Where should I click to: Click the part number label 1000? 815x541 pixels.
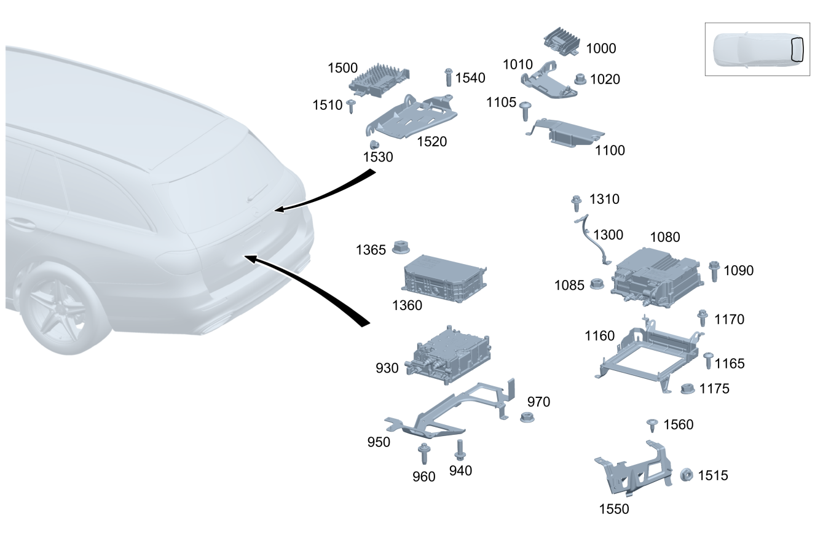(x=601, y=49)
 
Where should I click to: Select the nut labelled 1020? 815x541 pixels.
(x=580, y=79)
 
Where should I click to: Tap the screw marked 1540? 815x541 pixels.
(x=449, y=77)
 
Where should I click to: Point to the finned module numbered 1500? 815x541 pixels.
(x=379, y=80)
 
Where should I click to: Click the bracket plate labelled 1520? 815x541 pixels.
(x=411, y=117)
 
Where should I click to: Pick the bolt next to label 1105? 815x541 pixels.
(x=525, y=111)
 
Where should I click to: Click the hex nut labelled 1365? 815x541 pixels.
(x=401, y=247)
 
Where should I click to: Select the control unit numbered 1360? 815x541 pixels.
(x=444, y=278)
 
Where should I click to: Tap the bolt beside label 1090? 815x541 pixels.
(x=714, y=271)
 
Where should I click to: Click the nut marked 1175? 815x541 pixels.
(x=688, y=389)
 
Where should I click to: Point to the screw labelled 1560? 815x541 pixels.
(x=652, y=425)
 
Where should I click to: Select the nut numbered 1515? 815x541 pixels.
(x=687, y=475)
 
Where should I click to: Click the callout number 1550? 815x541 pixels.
(x=614, y=508)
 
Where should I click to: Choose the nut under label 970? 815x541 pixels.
(x=527, y=417)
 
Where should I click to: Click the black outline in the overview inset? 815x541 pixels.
(x=798, y=49)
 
